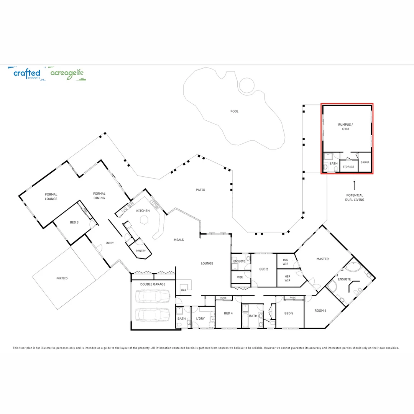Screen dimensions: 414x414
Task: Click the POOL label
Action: coord(234,112)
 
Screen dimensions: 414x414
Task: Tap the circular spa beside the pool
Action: coord(246,85)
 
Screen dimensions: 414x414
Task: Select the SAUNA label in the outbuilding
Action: coord(365,163)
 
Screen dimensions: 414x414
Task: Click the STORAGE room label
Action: coord(348,167)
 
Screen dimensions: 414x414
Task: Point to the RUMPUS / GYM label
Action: coord(346,127)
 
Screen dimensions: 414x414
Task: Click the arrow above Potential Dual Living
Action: coord(354,185)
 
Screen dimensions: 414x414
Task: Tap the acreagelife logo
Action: coord(67,73)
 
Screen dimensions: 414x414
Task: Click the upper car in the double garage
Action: coord(153,296)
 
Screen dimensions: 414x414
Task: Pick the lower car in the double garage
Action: coord(153,314)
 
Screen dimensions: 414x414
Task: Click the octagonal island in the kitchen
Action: coord(144,220)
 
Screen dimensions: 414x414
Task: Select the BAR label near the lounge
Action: coord(184,290)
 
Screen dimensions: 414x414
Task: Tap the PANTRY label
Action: coord(141,251)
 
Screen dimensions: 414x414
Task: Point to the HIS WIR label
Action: coord(285,261)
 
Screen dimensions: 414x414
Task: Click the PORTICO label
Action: coord(62,278)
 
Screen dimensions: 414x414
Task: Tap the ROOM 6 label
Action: coord(320,310)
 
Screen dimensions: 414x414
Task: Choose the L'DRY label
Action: coord(200,319)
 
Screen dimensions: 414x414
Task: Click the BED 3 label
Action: coord(74,222)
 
